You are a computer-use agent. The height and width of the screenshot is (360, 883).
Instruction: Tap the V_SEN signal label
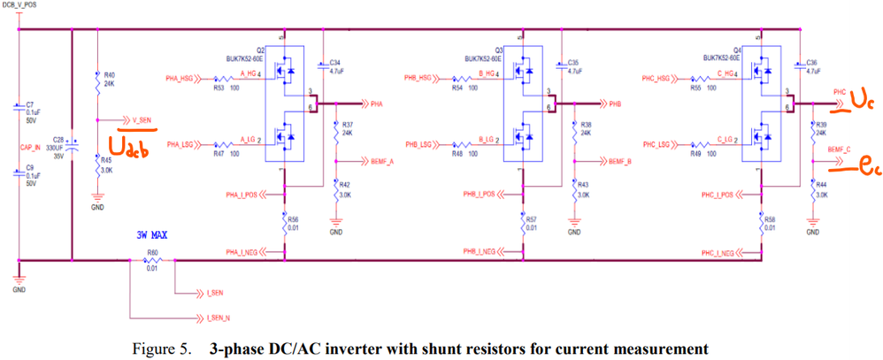click(x=140, y=119)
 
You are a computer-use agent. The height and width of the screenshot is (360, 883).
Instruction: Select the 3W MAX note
click(x=151, y=236)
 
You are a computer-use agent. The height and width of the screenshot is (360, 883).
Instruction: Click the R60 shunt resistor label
click(x=152, y=257)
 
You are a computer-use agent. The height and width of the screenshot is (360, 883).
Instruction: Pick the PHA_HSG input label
click(x=180, y=79)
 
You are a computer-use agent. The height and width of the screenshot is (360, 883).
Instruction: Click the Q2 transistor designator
click(x=261, y=50)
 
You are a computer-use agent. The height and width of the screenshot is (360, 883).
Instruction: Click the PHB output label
click(x=617, y=103)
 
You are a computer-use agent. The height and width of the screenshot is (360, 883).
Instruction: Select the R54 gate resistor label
click(x=463, y=88)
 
